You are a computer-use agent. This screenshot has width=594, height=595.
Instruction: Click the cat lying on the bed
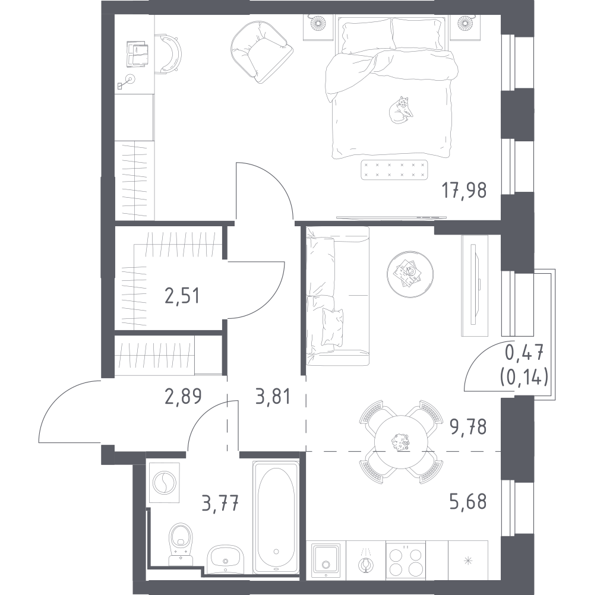click(400, 110)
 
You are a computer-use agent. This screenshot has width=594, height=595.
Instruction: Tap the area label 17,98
click(463, 191)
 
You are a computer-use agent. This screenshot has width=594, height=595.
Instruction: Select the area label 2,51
click(182, 296)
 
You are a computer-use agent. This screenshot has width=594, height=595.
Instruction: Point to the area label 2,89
click(183, 397)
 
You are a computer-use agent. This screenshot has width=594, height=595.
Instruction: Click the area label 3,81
click(273, 397)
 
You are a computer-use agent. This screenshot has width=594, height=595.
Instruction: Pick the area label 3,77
click(221, 503)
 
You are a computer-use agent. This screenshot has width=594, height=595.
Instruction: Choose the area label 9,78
click(468, 427)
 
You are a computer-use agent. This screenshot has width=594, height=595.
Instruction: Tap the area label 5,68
click(468, 502)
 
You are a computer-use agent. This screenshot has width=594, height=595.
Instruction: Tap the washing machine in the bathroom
click(167, 482)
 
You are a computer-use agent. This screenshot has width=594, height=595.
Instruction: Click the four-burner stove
click(406, 561)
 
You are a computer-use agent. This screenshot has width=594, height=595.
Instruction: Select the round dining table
click(401, 441)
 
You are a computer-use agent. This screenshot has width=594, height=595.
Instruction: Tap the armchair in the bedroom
click(261, 52)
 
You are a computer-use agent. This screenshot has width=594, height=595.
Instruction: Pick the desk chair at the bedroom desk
click(169, 53)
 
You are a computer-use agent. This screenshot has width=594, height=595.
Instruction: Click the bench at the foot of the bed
click(394, 170)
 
